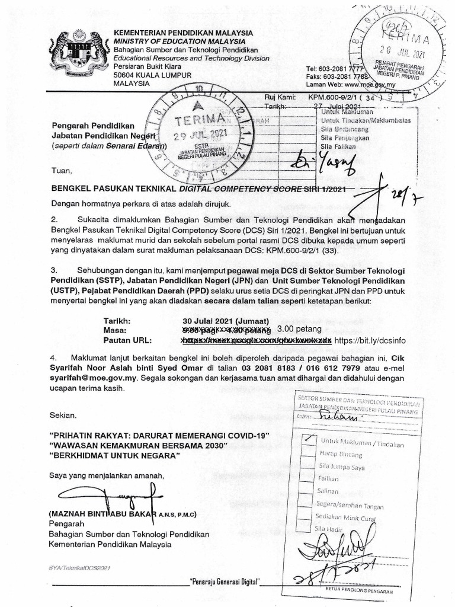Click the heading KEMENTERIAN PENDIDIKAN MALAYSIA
(183, 33)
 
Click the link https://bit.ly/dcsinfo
(370, 341)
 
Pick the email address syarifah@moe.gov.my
(89, 378)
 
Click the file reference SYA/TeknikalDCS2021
(81, 568)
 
